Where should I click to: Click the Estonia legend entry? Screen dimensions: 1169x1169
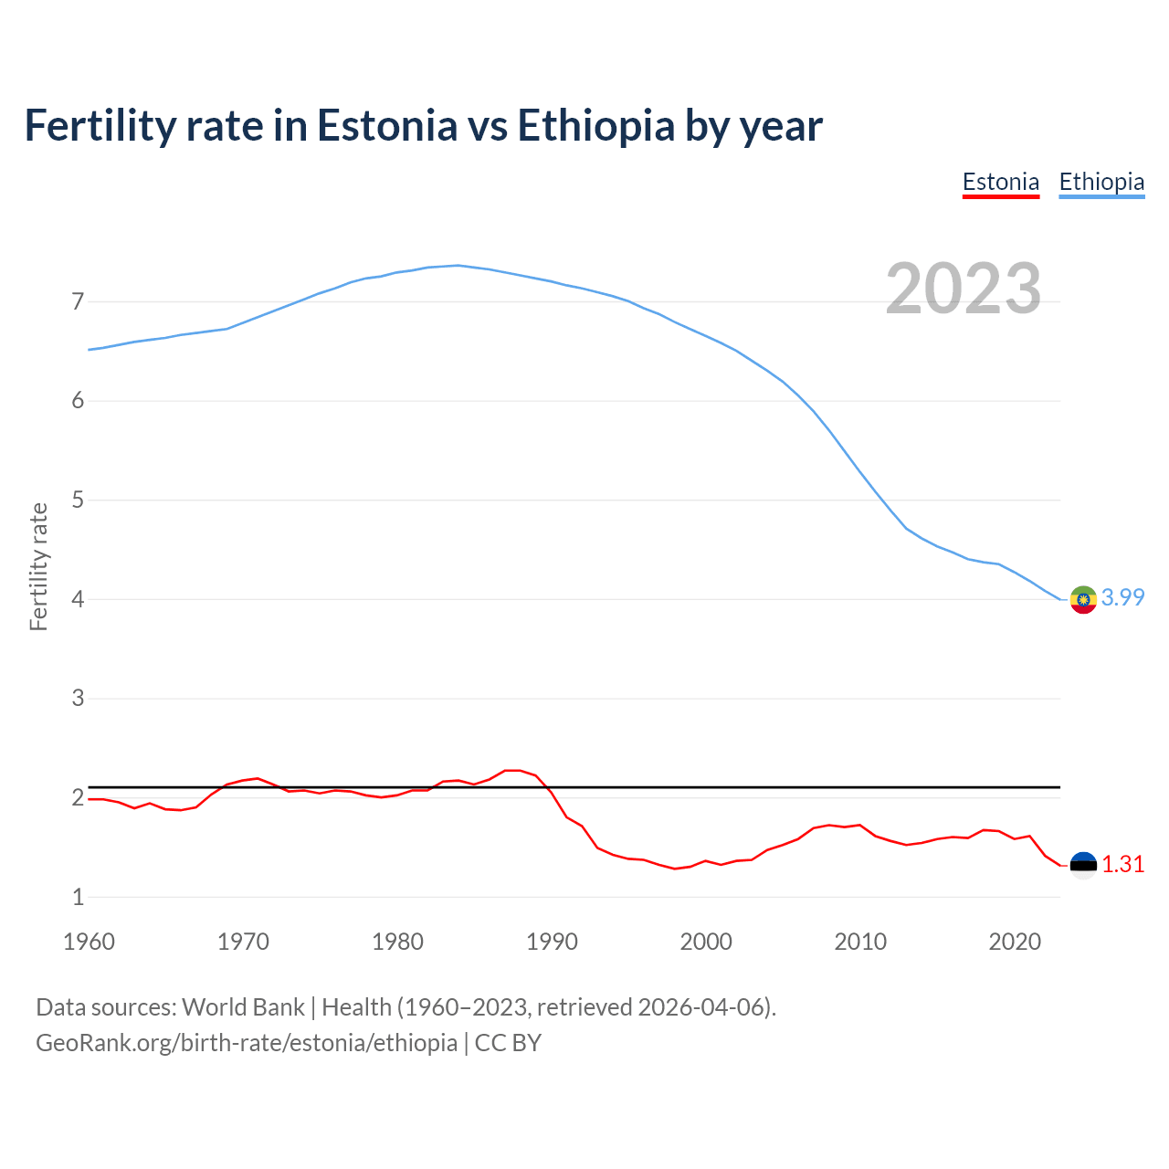[1001, 182]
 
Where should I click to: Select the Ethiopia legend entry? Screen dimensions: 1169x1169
[1101, 182]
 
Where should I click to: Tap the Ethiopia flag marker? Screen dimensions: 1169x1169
[1083, 600]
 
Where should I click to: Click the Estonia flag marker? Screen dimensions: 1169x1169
[1083, 865]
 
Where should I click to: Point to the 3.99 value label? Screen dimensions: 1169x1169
[1123, 597]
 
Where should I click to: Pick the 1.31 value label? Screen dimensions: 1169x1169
[1123, 864]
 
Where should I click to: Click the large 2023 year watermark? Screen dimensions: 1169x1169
[964, 289]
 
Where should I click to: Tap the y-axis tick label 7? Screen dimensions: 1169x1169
[78, 301]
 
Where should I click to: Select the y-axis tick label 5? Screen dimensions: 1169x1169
[78, 500]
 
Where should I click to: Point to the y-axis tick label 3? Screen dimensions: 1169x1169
[78, 699]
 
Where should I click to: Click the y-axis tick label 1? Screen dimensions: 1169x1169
[78, 897]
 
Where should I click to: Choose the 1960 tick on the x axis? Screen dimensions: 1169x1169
[89, 942]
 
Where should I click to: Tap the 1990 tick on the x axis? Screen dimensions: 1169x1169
[552, 942]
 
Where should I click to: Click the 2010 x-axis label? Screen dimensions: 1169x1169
[860, 942]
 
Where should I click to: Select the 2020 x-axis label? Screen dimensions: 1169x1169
[1015, 942]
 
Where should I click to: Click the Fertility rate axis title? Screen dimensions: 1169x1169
[38, 566]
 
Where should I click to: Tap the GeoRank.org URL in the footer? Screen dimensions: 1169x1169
[247, 1042]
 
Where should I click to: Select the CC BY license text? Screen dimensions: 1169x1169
[508, 1042]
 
